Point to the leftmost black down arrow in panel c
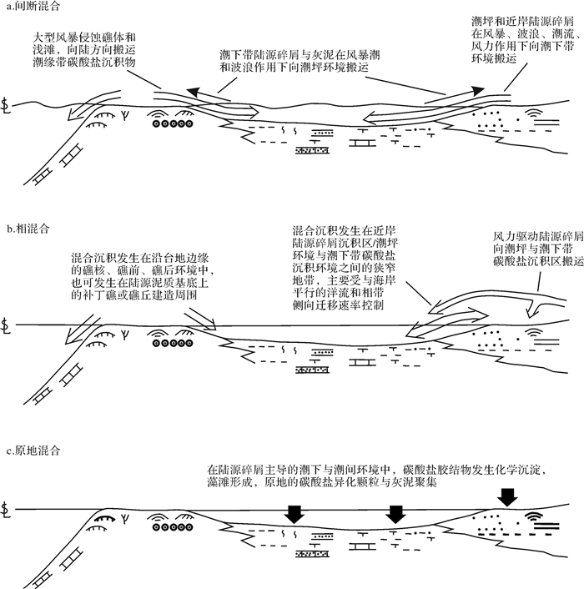[293, 514]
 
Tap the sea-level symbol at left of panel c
[8, 508]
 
